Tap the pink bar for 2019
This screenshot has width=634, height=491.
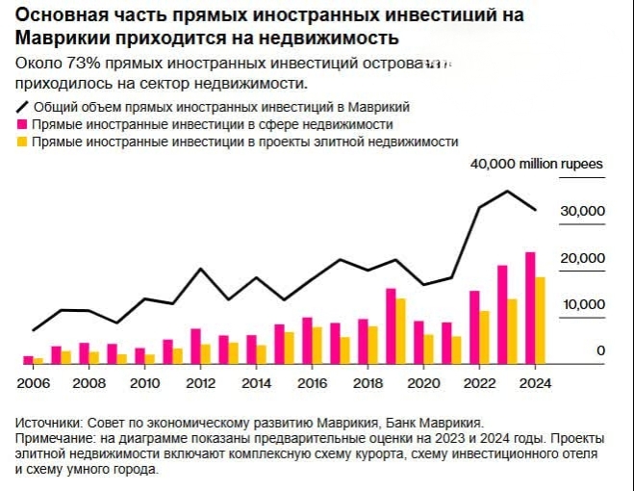pyautogui.click(x=391, y=326)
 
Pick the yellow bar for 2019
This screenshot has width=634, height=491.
pyautogui.click(x=401, y=331)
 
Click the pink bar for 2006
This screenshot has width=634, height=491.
pyautogui.click(x=28, y=360)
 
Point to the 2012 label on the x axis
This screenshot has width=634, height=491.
pyautogui.click(x=199, y=382)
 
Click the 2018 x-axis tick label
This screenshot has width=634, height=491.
pyautogui.click(x=367, y=382)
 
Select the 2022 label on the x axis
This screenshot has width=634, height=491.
pyautogui.click(x=478, y=382)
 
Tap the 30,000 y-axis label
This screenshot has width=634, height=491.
pyautogui.click(x=584, y=212)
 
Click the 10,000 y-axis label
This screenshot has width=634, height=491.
pyautogui.click(x=584, y=304)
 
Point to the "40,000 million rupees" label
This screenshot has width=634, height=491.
pyautogui.click(x=536, y=165)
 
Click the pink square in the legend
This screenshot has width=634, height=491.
pyautogui.click(x=21, y=125)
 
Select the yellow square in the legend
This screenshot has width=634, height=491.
pyautogui.click(x=21, y=142)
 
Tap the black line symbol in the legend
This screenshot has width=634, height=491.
pyautogui.click(x=22, y=108)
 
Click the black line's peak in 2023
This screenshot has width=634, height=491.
pyautogui.click(x=507, y=191)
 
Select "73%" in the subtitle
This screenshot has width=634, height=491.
pyautogui.click(x=81, y=63)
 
